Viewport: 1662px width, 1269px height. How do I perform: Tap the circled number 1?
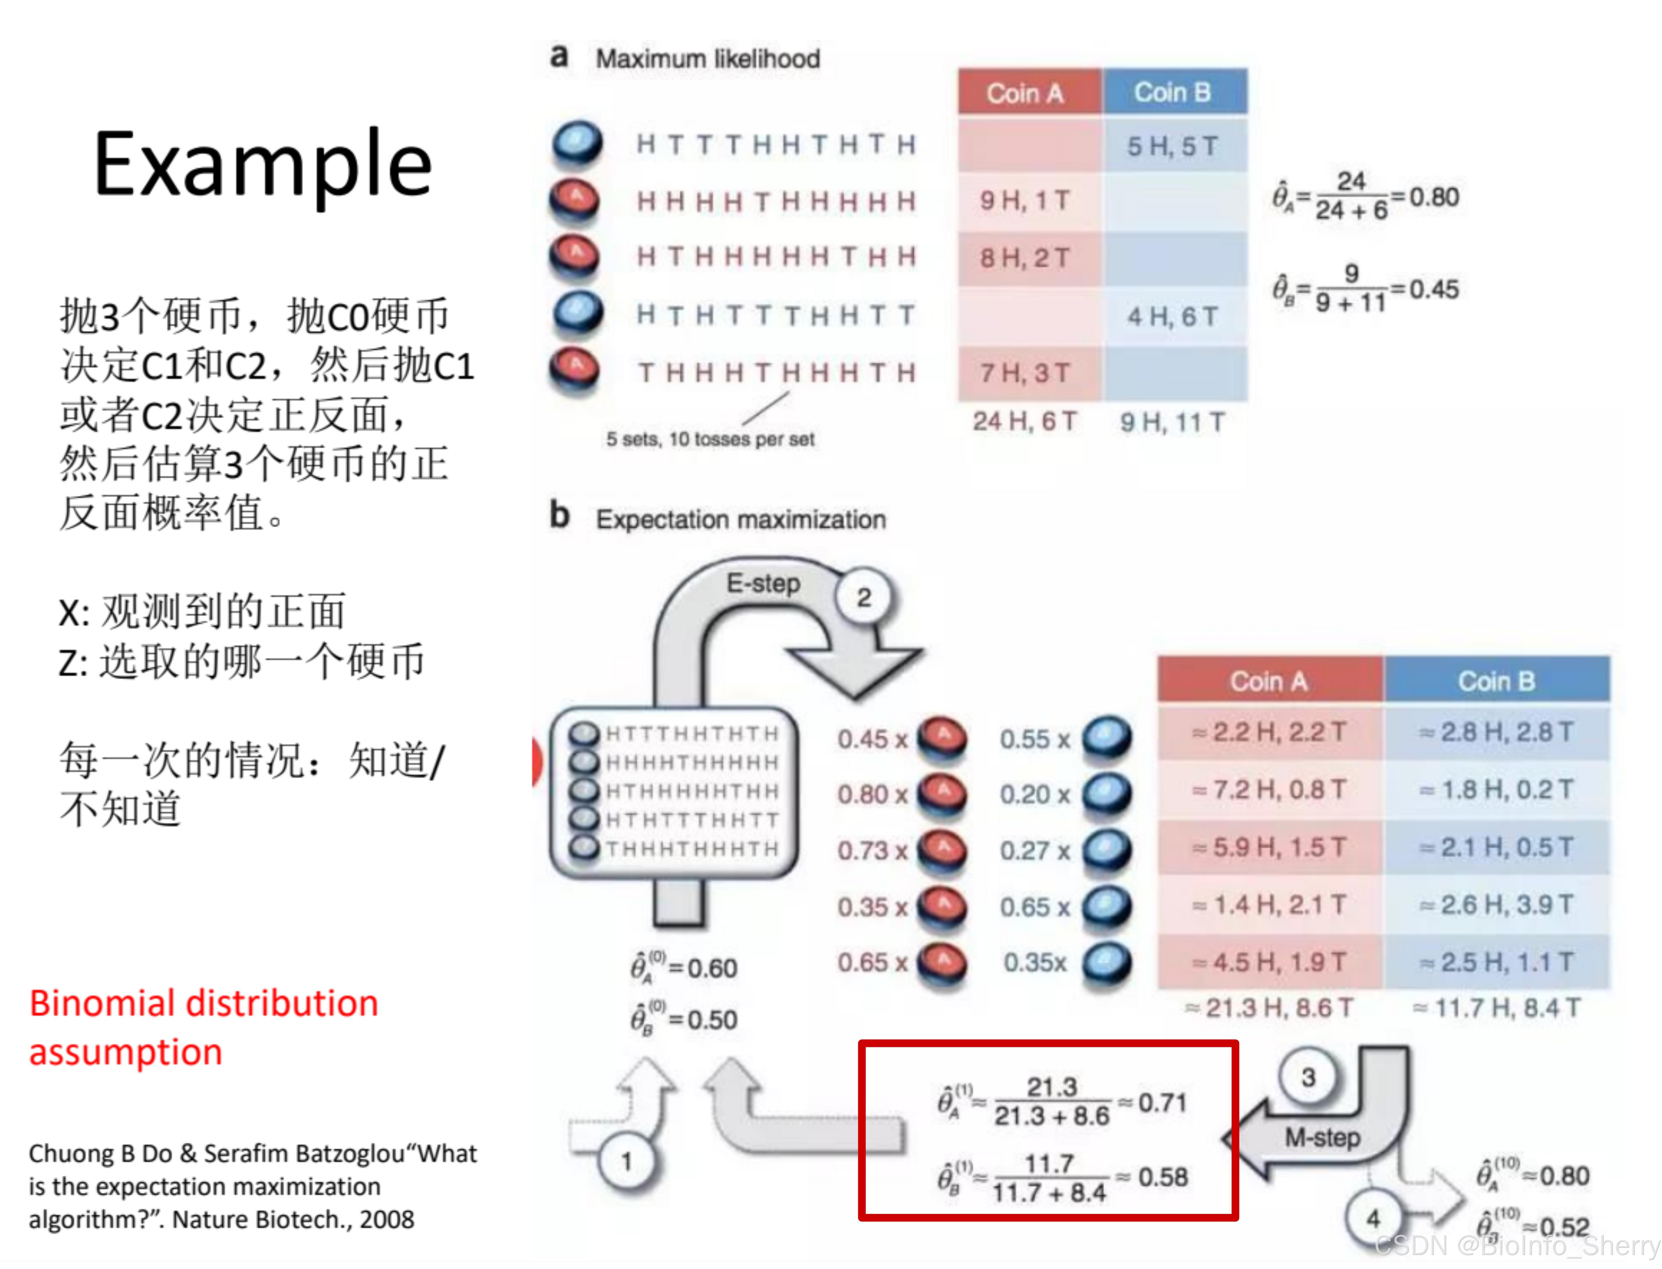click(x=626, y=1161)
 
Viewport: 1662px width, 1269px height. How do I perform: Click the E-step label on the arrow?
click(x=763, y=583)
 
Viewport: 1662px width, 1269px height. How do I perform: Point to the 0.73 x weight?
click(x=871, y=850)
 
